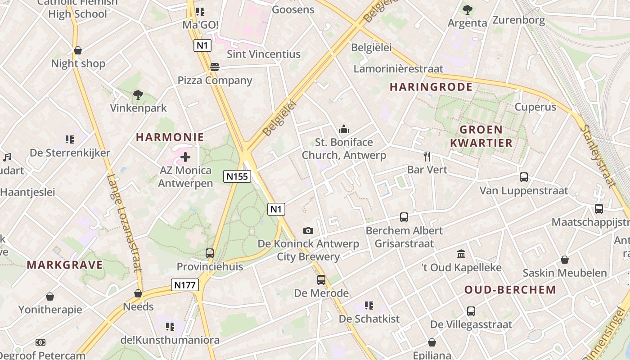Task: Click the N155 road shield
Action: pyautogui.click(x=237, y=176)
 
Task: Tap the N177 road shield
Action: pyautogui.click(x=185, y=285)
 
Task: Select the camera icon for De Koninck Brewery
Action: pyautogui.click(x=308, y=231)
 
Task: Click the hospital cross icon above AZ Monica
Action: pyautogui.click(x=185, y=157)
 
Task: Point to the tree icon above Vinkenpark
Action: pyautogui.click(x=138, y=95)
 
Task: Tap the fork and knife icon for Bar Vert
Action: pyautogui.click(x=427, y=157)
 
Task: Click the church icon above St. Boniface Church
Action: pyautogui.click(x=344, y=130)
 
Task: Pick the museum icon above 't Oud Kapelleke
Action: pyautogui.click(x=461, y=254)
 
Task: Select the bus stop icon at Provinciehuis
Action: pyautogui.click(x=210, y=253)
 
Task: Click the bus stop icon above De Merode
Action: pyautogui.click(x=321, y=280)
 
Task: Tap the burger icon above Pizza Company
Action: pyautogui.click(x=215, y=67)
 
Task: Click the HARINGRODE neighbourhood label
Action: pyautogui.click(x=431, y=87)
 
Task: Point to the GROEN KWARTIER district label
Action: pyautogui.click(x=481, y=136)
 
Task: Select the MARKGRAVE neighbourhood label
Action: pyautogui.click(x=65, y=265)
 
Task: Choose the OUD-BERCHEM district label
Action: pyautogui.click(x=510, y=290)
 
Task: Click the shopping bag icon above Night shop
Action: pyautogui.click(x=78, y=50)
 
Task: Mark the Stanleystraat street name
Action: pyautogui.click(x=597, y=155)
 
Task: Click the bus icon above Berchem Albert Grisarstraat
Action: pyautogui.click(x=404, y=217)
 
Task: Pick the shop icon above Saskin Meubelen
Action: pyautogui.click(x=565, y=260)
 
